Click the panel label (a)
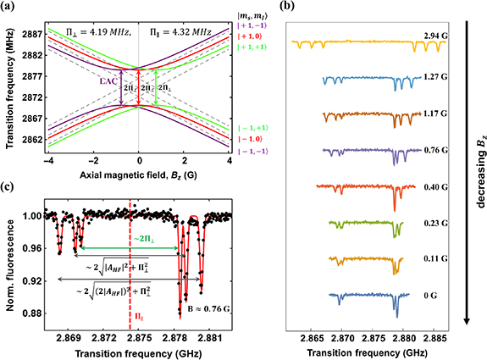(x=10, y=8)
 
